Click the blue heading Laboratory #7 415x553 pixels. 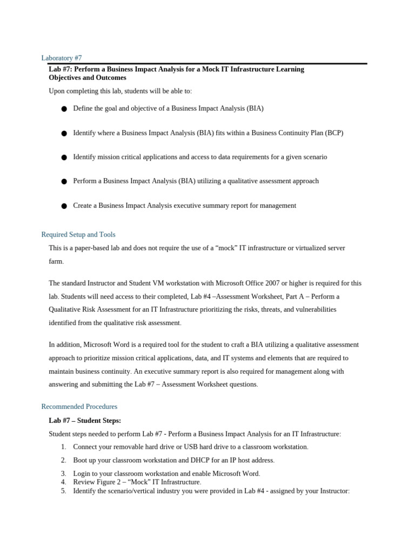[x=62, y=58]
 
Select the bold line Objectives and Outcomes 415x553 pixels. [x=88, y=78]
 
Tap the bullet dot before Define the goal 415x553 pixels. [x=64, y=109]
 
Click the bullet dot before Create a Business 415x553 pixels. [x=64, y=206]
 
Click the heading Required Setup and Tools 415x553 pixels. [x=78, y=234]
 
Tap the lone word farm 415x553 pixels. [x=56, y=261]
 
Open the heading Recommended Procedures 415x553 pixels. [x=79, y=406]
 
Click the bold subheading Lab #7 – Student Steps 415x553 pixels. [x=85, y=420]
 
